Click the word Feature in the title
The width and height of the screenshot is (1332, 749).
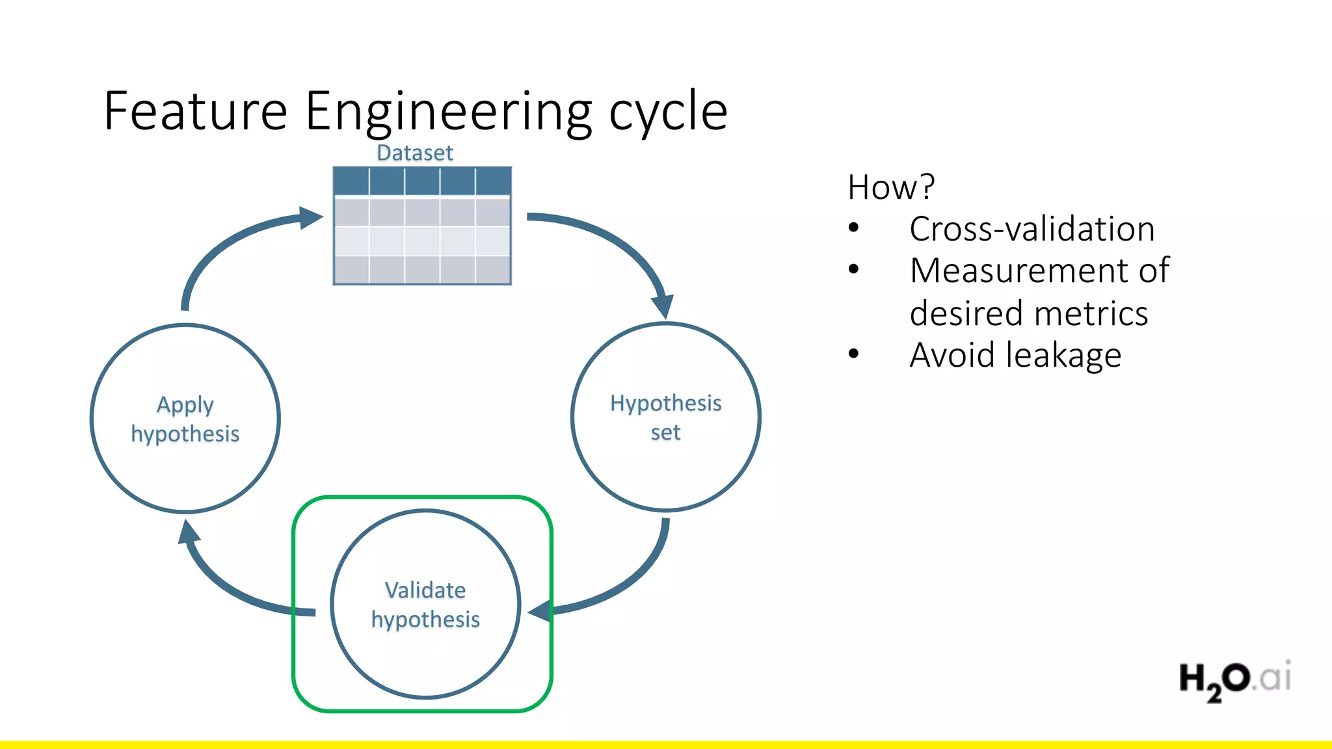[x=195, y=112]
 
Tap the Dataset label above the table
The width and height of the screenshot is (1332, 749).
[x=415, y=153]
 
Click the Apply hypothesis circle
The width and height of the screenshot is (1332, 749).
[x=185, y=419]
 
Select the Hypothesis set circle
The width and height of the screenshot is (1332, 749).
[x=665, y=417]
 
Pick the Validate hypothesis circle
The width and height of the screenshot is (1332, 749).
[x=425, y=604]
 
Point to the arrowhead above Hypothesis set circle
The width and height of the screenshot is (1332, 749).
[x=663, y=305]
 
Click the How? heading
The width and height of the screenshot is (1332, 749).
[x=890, y=187]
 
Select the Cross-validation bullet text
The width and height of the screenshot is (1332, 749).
[x=1032, y=229]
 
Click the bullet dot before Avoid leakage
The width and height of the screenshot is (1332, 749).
[x=854, y=354]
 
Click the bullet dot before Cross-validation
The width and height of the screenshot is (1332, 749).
[x=854, y=228]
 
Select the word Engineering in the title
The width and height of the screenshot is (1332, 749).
[x=449, y=112]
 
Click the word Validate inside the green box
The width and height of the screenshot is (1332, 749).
[x=425, y=590]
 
